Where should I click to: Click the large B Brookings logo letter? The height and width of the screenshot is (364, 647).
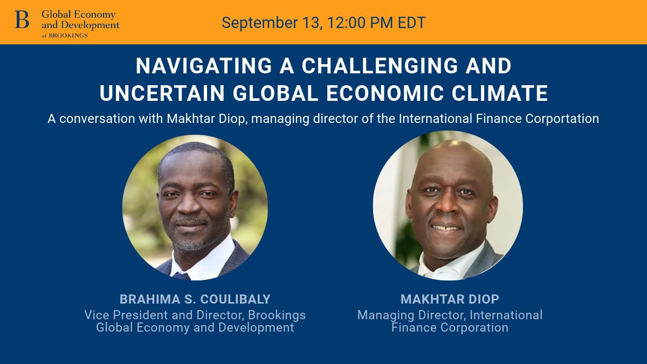coord(22,19)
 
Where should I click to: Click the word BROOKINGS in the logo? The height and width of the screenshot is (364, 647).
coord(68,36)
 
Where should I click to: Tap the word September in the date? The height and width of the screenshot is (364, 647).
coord(260,23)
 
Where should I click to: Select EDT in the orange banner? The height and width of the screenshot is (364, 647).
coord(411,23)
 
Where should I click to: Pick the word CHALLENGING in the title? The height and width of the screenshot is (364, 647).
coord(380,66)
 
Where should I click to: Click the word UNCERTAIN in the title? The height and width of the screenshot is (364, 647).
coord(162,93)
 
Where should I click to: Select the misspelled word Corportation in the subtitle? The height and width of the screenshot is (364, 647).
coord(562,119)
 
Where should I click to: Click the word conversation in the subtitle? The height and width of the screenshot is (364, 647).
coord(98,119)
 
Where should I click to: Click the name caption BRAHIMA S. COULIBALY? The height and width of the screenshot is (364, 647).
coord(195,299)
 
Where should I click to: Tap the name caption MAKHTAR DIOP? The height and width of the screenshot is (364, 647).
coord(450,299)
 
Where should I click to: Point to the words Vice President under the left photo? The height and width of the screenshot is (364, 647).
coord(126,315)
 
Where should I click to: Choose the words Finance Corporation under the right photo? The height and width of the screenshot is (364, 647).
coord(450,328)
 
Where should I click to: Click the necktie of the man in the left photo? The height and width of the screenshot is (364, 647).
coord(181,276)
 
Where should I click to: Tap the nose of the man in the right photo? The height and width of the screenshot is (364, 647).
coord(444,207)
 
